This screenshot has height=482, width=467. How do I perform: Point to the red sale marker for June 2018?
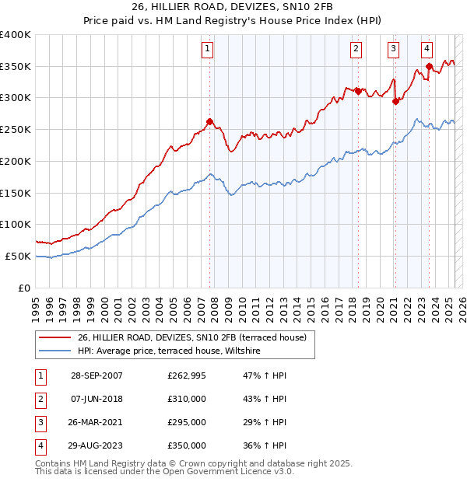tap(358, 91)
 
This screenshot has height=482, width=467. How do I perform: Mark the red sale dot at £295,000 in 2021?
tap(395, 100)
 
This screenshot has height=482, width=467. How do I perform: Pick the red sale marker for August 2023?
tap(429, 66)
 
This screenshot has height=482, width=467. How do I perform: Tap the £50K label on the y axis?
tap(18, 256)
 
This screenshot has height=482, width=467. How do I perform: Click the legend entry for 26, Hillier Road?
tap(192, 337)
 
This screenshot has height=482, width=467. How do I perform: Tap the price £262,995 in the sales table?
tap(187, 375)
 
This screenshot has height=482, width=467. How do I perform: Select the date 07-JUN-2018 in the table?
tap(97, 399)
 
